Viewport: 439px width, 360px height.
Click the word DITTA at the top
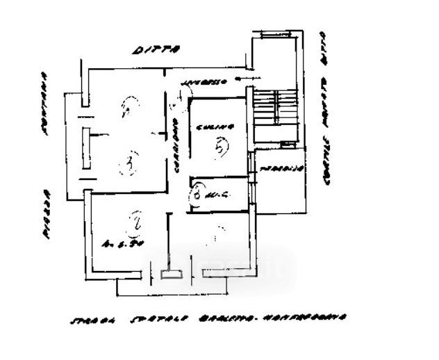tap(157, 49)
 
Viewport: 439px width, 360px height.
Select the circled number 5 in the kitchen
tap(220, 147)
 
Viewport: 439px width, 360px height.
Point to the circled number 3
tap(129, 164)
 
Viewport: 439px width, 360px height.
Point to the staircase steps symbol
tap(275, 115)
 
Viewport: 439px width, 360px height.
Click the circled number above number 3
tap(129, 106)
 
